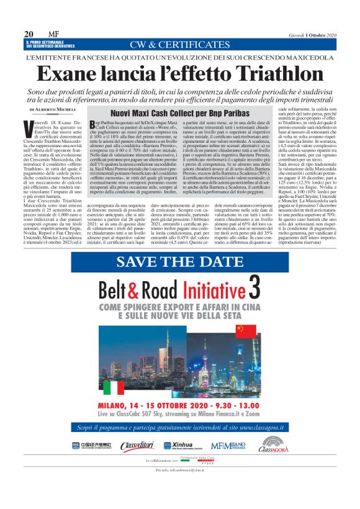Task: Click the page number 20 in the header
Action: tap(29, 34)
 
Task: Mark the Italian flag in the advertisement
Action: tap(114, 387)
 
